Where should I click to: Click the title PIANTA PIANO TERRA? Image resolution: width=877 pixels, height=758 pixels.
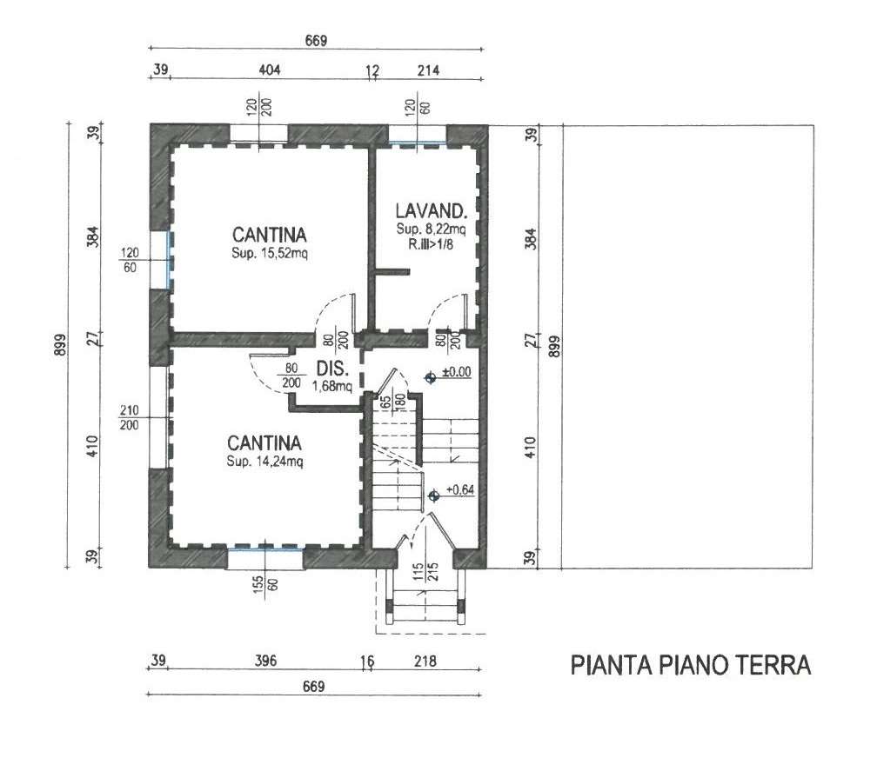(x=691, y=665)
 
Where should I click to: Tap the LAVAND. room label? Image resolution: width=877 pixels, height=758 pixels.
(x=431, y=210)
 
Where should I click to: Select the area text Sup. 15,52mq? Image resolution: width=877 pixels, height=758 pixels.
(x=270, y=253)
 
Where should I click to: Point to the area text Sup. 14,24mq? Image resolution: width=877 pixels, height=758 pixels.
(x=264, y=462)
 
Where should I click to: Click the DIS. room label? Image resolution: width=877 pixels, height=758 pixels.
(x=332, y=369)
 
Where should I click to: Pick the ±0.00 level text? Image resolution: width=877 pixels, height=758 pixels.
(x=457, y=372)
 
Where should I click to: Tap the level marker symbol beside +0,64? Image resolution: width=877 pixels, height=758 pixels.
(x=433, y=495)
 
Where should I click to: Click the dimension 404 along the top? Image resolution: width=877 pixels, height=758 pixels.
(x=269, y=70)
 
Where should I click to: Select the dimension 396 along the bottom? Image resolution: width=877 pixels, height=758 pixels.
(x=265, y=661)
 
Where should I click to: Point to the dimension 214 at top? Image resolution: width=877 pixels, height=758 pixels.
(x=428, y=70)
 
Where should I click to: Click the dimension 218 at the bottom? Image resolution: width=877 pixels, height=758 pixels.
(x=425, y=662)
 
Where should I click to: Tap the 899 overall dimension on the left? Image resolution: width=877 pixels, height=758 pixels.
(x=60, y=344)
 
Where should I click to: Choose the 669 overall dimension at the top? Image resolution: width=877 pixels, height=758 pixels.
(x=316, y=41)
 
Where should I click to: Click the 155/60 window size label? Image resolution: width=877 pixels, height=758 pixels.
(x=265, y=585)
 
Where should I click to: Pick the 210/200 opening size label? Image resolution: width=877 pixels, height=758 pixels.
(x=129, y=417)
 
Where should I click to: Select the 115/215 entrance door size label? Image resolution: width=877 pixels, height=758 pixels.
(x=425, y=573)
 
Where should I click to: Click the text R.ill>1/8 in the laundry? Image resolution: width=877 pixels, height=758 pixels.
(x=431, y=243)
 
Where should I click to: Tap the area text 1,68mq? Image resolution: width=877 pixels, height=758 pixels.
(x=332, y=386)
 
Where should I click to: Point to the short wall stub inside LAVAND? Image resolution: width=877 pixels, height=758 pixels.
(x=392, y=272)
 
